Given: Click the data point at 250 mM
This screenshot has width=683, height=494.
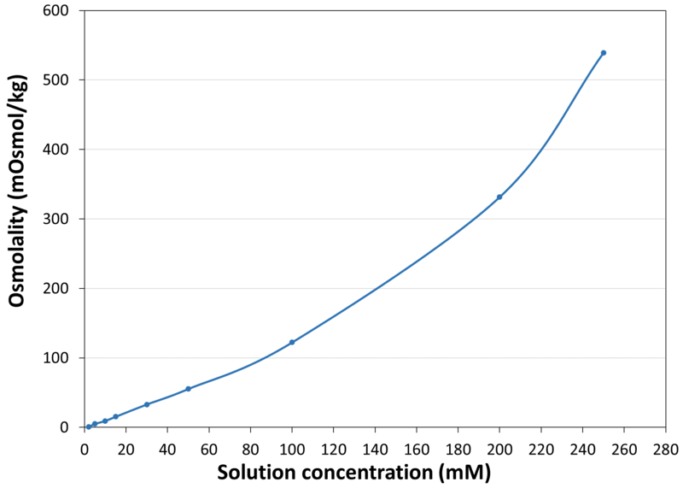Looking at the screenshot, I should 603,53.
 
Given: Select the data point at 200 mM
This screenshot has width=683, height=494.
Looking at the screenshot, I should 499,197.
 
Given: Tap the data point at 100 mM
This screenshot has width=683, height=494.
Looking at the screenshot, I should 292,342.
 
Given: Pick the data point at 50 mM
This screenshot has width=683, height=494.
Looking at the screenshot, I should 188,389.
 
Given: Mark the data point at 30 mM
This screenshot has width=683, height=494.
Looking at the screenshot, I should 147,404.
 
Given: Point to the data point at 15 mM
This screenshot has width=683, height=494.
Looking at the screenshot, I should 115,416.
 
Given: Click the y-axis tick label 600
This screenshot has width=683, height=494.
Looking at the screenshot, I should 60,11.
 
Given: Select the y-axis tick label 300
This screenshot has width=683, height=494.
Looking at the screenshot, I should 60,219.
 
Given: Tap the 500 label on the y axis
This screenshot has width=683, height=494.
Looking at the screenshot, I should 60,80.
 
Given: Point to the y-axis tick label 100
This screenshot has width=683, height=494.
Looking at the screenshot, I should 60,358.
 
